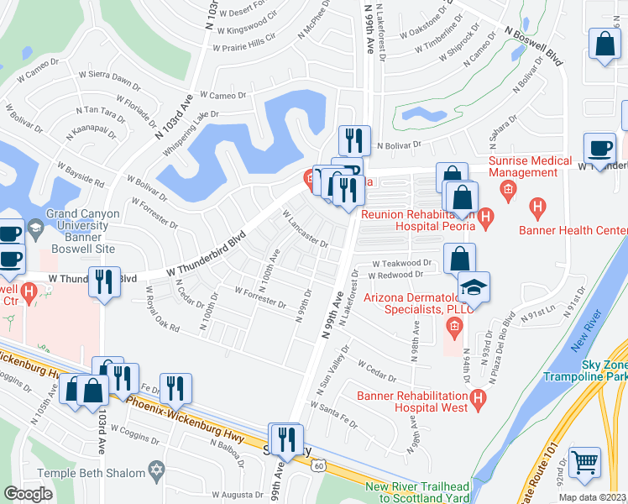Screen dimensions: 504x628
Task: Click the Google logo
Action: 28,494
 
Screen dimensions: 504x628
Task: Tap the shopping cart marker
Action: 585,462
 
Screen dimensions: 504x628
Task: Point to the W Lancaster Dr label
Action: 305,229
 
